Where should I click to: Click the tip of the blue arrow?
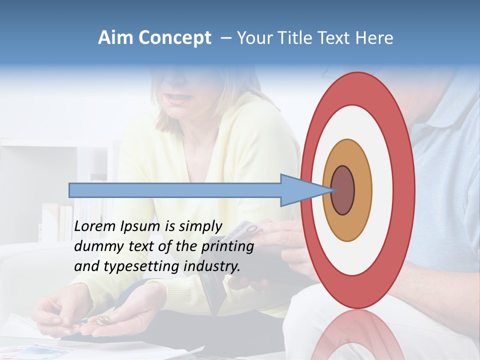[331, 190]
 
